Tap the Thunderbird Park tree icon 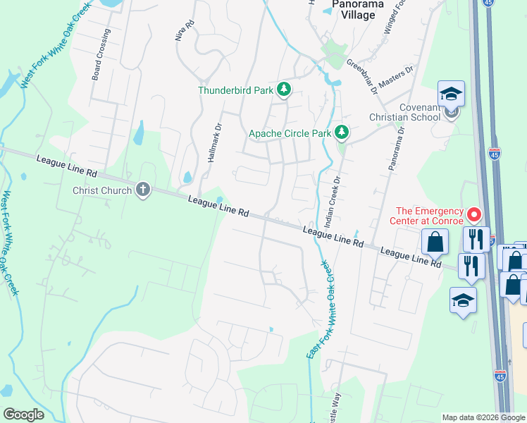284,89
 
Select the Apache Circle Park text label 290,133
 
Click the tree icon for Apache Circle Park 342,132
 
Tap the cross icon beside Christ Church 143,190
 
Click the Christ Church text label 101,190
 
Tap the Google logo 23,415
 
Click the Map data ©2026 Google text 483,417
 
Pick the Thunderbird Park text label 235,90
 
